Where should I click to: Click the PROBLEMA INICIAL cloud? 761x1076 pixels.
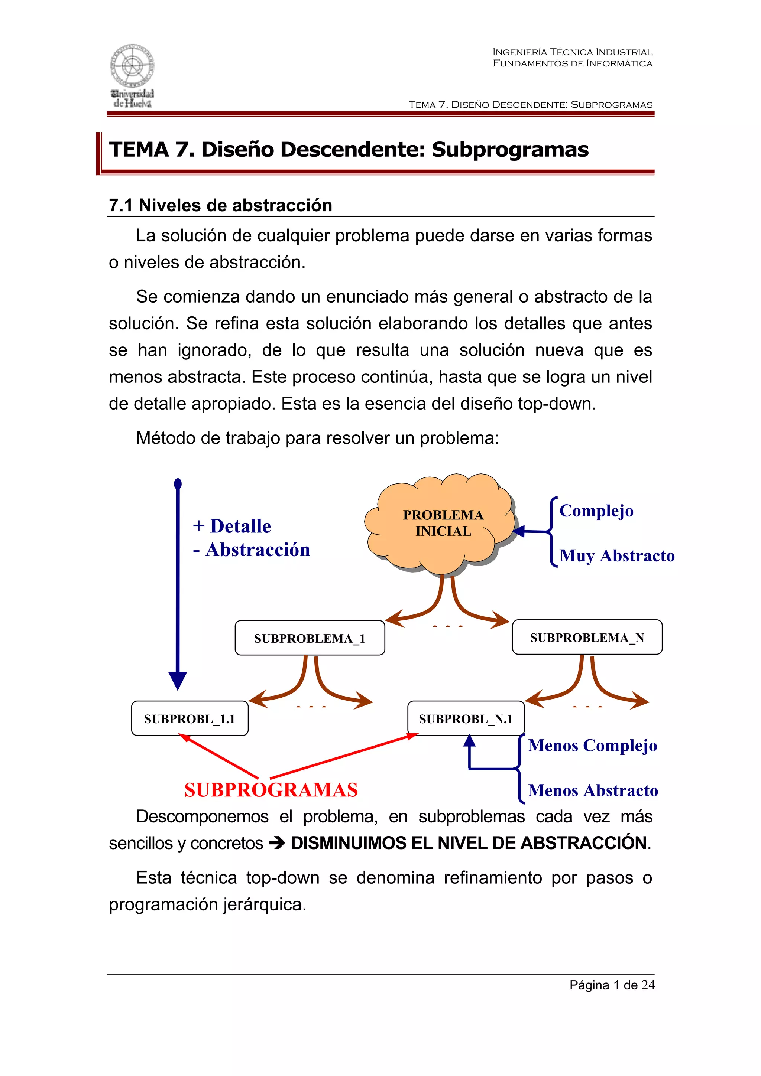(442, 523)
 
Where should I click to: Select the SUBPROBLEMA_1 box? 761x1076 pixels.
(310, 638)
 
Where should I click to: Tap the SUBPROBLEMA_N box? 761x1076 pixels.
(587, 638)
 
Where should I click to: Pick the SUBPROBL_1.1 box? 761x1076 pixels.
(190, 718)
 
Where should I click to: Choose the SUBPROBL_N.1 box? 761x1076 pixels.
(466, 718)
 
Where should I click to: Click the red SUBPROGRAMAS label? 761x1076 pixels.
(271, 790)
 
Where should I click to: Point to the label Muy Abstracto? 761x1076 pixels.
(616, 556)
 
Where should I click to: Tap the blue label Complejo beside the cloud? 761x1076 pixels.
(596, 511)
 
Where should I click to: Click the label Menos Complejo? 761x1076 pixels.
(592, 746)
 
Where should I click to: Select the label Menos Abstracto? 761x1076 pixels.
(593, 790)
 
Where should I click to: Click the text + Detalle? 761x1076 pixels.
(231, 526)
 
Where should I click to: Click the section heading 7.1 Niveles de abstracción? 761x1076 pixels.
(220, 205)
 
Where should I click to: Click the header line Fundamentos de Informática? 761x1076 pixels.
(572, 63)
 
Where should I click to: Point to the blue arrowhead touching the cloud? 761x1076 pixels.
(518, 531)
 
